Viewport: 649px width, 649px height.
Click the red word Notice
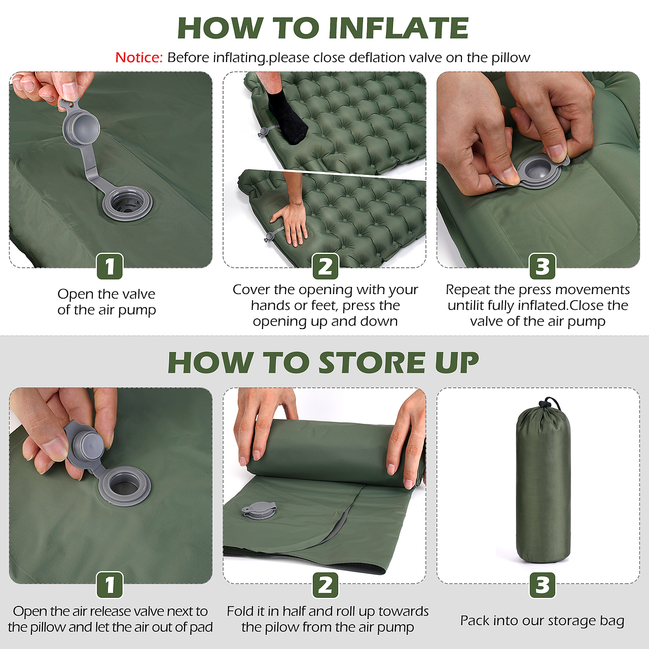139,58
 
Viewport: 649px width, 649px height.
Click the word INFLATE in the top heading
399,28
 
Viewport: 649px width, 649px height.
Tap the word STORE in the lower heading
372,363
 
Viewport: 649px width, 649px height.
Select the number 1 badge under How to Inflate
110,266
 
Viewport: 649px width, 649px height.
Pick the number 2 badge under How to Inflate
326,266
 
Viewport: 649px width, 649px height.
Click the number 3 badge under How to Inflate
542,266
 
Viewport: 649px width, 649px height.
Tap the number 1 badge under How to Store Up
110,585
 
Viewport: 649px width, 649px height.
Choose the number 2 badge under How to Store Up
326,585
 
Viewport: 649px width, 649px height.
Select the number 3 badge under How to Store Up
542,585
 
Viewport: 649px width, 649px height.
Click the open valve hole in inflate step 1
127,204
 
